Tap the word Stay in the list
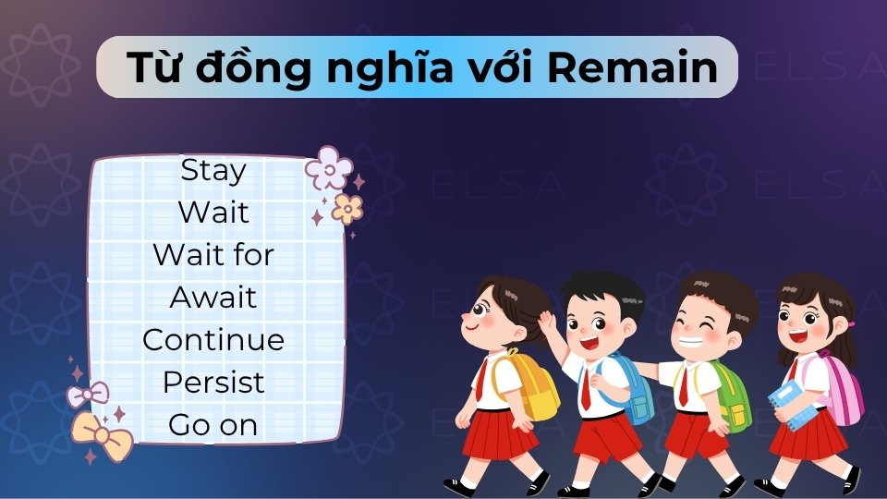pyautogui.click(x=213, y=170)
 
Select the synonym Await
pyautogui.click(x=213, y=298)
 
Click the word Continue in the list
pyautogui.click(x=213, y=340)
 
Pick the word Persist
pyautogui.click(x=213, y=383)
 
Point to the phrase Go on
pyautogui.click(x=213, y=425)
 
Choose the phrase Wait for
pyautogui.click(x=213, y=255)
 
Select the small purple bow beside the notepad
pyautogui.click(x=87, y=396)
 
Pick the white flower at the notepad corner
pyautogui.click(x=329, y=168)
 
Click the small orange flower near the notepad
pyautogui.click(x=347, y=209)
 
